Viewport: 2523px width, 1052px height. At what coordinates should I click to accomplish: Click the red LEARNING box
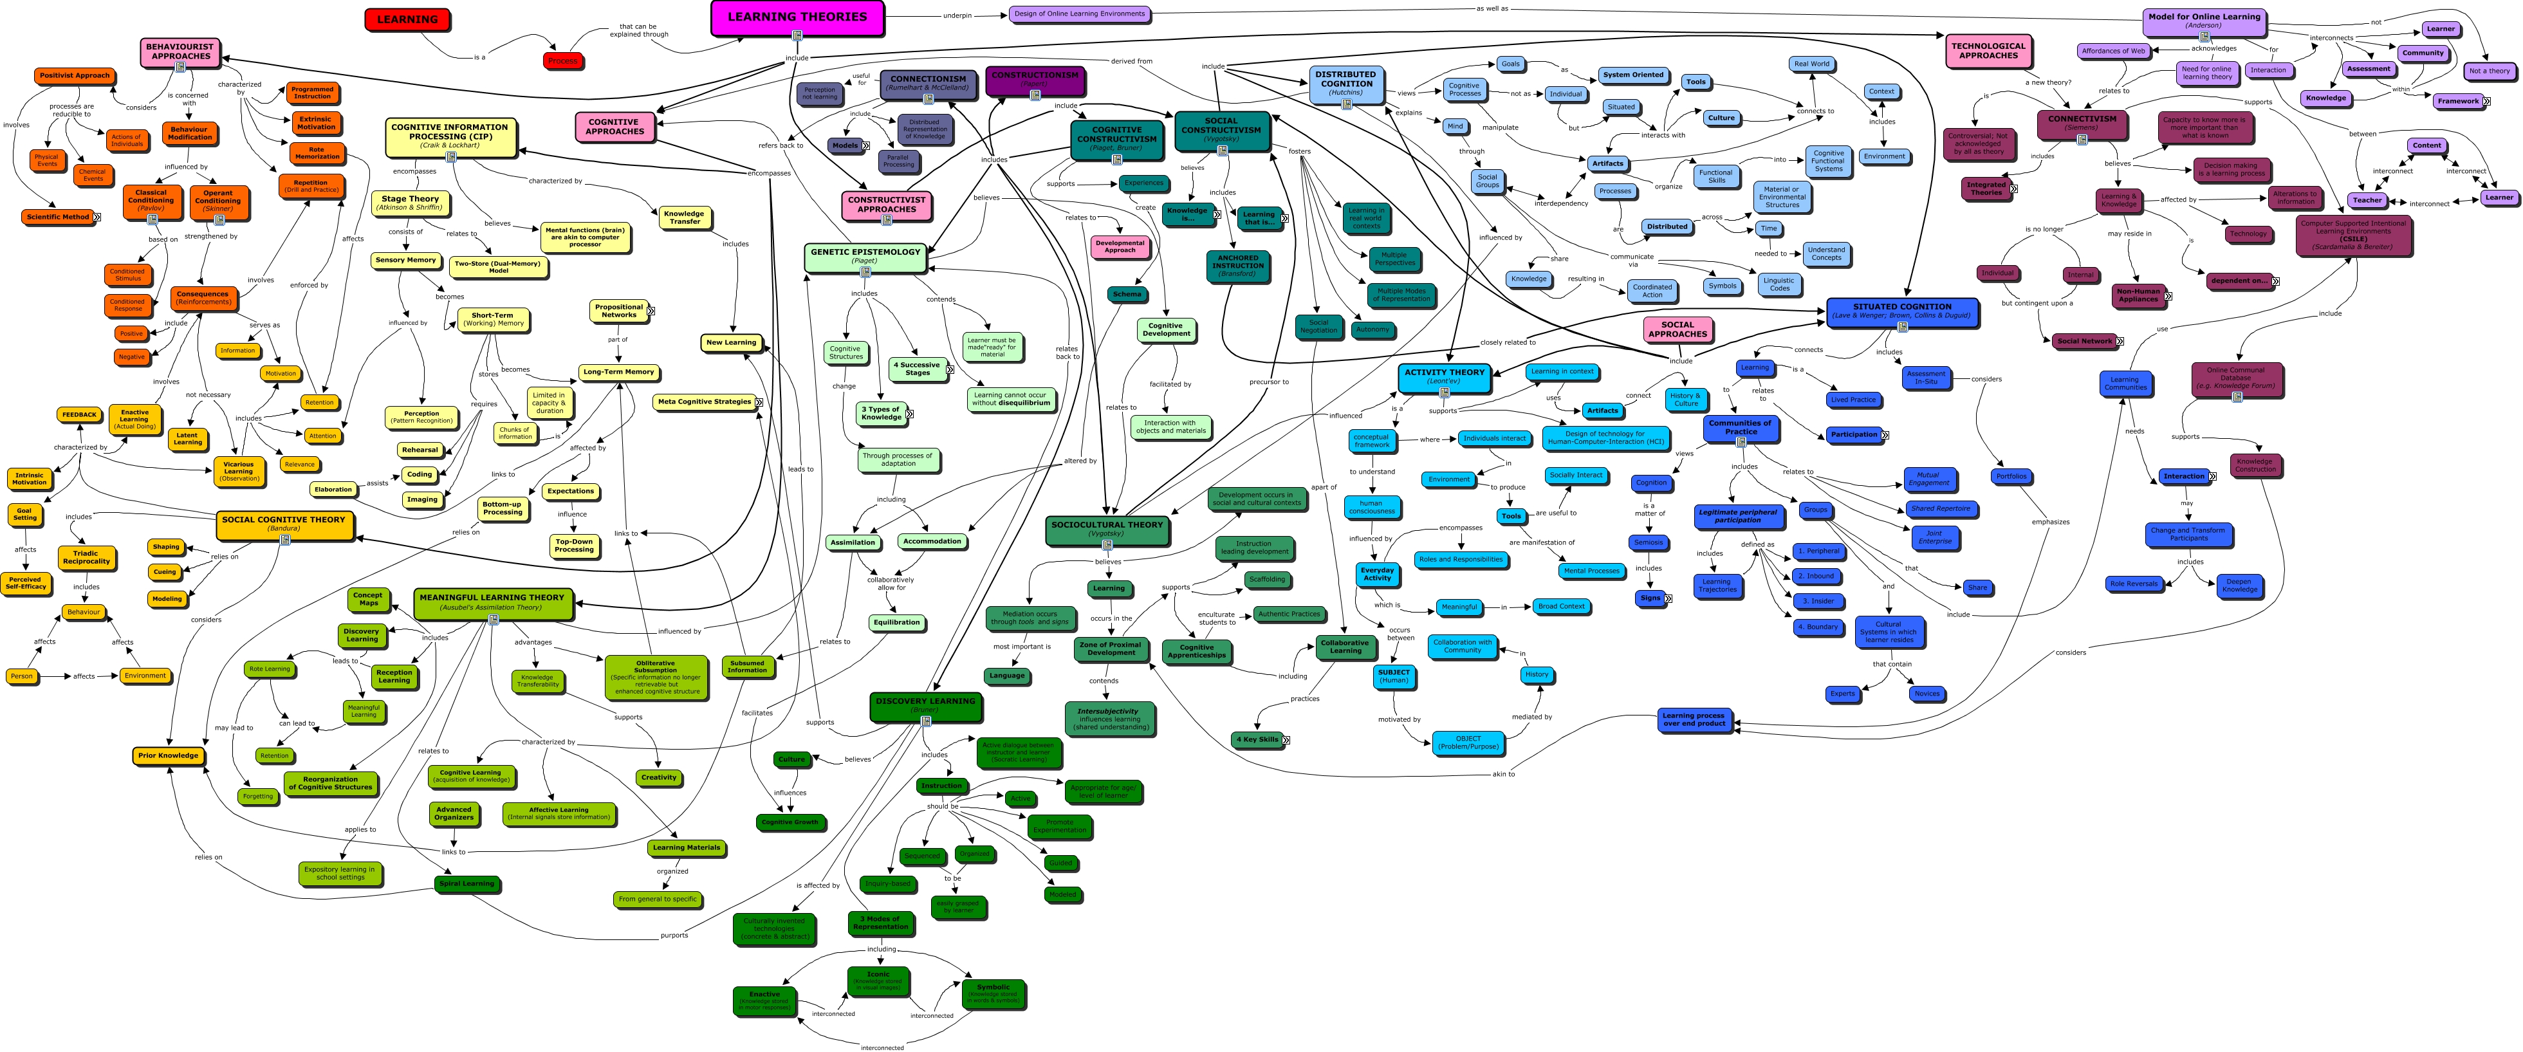(x=407, y=19)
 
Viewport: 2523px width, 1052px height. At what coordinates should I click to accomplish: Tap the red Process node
(x=562, y=60)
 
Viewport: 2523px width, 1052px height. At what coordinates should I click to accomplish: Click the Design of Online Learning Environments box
(x=1079, y=15)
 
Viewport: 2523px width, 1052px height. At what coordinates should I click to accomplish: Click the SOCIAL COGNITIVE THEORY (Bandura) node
(x=283, y=523)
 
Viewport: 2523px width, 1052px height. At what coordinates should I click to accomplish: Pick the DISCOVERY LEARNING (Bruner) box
(x=925, y=705)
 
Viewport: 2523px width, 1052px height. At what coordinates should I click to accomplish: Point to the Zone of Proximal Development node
(x=1110, y=649)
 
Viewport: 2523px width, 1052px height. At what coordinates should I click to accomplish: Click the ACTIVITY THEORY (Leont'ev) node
(x=1444, y=376)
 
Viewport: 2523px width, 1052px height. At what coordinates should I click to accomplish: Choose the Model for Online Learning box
(x=2204, y=19)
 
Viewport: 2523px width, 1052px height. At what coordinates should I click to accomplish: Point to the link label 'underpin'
(x=957, y=15)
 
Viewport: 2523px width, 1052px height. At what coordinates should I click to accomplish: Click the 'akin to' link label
(x=1503, y=774)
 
